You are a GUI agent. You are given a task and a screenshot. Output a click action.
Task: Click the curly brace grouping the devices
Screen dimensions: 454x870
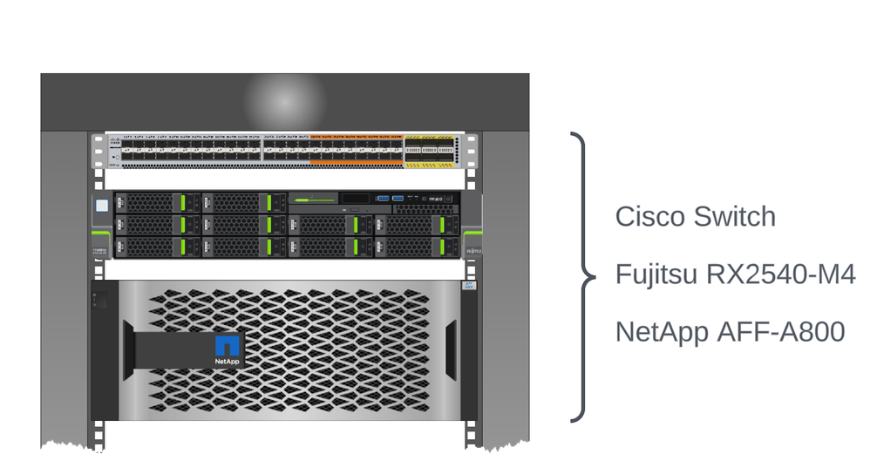click(x=583, y=276)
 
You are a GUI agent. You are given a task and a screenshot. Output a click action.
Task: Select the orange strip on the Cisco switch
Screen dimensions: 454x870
click(x=356, y=162)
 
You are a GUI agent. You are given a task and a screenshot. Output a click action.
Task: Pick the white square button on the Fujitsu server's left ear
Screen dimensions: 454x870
click(x=101, y=206)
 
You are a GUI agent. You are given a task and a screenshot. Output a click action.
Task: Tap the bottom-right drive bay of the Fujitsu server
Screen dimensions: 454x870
click(x=417, y=247)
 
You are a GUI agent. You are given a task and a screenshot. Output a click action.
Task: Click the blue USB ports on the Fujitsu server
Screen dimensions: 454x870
click(x=390, y=200)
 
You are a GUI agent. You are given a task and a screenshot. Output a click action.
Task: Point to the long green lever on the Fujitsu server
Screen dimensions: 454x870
click(x=314, y=201)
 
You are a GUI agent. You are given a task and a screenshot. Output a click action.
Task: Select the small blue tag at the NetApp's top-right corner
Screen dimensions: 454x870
click(x=468, y=286)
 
